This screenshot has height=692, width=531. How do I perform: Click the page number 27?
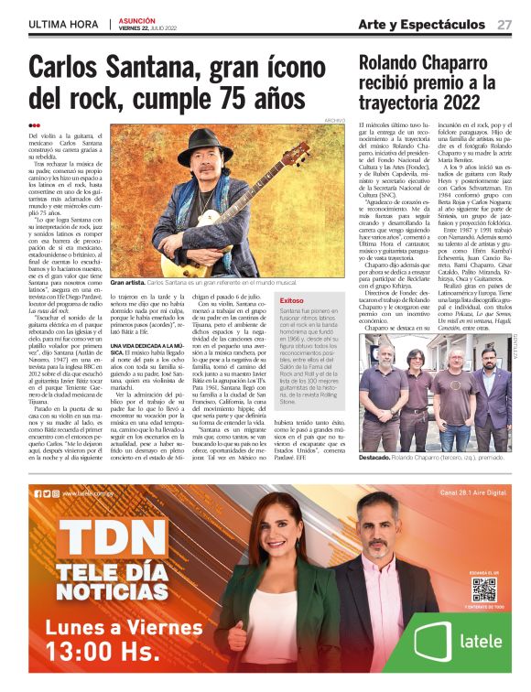[x=504, y=24]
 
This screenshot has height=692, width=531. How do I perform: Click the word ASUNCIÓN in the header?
[x=135, y=18]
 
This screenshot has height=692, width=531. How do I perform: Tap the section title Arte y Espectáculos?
[x=421, y=24]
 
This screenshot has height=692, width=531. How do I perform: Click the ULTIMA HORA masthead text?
[x=62, y=24]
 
